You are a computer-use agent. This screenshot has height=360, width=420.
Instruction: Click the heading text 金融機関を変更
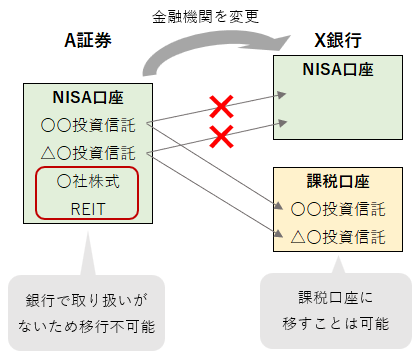click(209, 17)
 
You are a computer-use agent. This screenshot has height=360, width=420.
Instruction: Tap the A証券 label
click(89, 42)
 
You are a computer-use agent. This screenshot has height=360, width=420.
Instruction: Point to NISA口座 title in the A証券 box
click(88, 97)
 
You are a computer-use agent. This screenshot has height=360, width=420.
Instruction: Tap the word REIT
click(88, 210)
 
